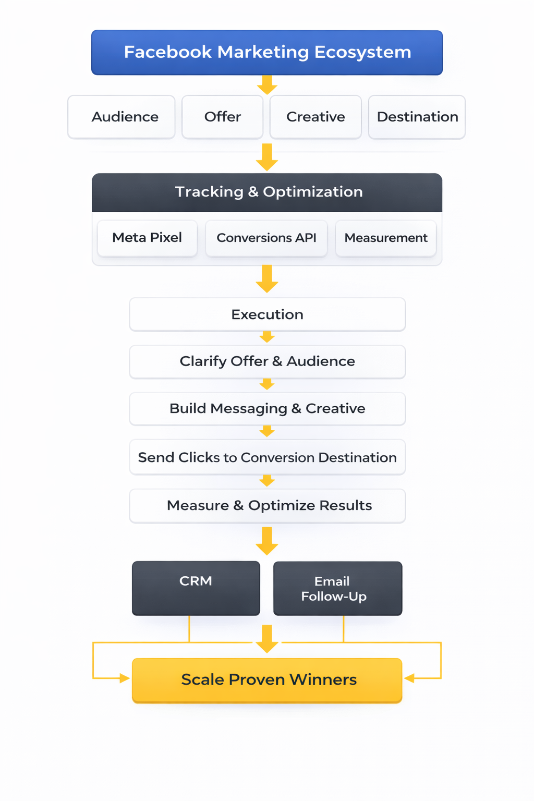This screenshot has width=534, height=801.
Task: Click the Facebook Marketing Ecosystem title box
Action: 267,52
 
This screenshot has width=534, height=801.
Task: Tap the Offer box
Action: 222,117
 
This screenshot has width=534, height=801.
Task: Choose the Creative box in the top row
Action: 315,117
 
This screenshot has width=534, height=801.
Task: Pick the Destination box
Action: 417,117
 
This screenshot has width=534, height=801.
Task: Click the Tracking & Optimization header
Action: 267,192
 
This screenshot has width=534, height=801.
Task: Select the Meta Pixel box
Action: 147,238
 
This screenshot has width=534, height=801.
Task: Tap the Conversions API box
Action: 266,238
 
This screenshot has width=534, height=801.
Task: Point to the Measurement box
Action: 386,238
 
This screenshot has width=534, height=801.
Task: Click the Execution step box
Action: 267,314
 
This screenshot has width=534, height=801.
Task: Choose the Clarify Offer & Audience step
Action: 267,361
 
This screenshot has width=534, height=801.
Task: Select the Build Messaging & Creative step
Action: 267,408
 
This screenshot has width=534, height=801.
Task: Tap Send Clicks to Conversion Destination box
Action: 267,457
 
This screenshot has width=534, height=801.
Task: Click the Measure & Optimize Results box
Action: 267,505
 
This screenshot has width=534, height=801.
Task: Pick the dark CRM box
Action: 196,588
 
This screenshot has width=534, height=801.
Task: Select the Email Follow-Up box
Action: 337,588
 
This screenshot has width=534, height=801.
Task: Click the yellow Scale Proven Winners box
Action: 267,680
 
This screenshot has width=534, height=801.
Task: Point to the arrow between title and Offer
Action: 267,84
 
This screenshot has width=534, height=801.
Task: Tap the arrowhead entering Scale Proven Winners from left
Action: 124,678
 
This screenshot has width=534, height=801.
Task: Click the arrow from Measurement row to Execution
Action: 267,279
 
